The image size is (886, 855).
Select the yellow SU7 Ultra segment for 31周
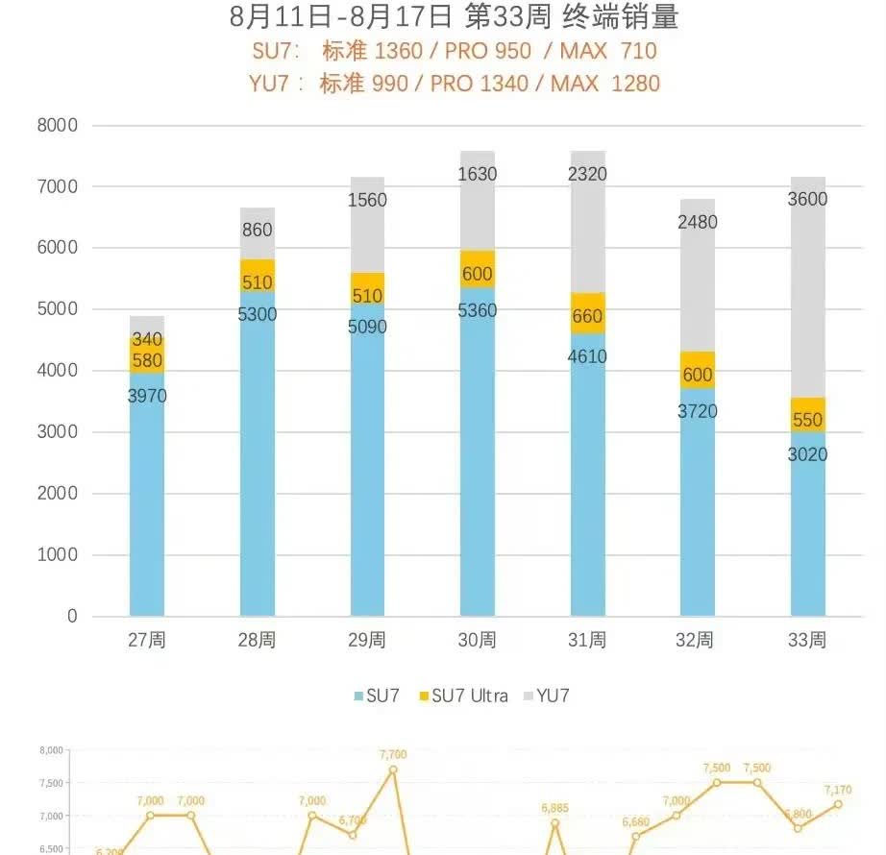588,312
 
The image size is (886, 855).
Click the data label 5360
478,310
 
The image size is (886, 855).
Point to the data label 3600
808,200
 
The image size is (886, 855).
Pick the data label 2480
698,222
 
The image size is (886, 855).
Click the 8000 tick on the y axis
59,125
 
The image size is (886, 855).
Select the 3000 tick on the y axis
59,432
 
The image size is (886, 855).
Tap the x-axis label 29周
367,640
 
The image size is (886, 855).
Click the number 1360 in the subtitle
399,50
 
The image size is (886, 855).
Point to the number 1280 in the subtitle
634,83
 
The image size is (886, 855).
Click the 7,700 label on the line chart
393,755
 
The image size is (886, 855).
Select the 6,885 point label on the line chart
554,808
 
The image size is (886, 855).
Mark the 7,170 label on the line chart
838,791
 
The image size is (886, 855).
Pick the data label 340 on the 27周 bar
147,339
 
